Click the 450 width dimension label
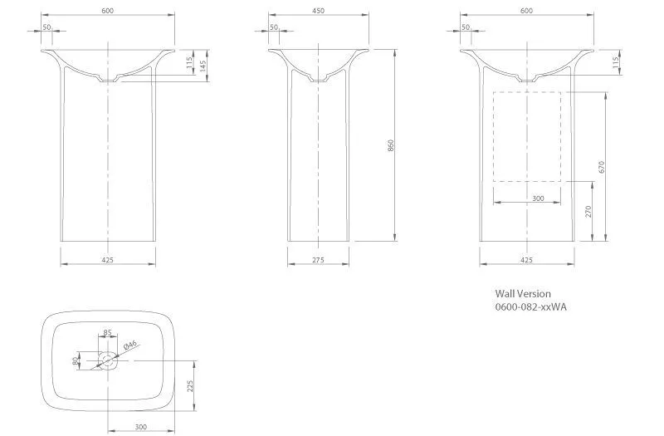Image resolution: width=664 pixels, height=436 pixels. click(318, 11)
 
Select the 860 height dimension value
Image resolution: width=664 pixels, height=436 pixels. click(390, 145)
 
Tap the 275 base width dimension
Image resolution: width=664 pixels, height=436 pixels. click(318, 260)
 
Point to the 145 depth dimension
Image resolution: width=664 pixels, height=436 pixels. click(203, 66)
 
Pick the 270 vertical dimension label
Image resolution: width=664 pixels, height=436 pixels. click(588, 212)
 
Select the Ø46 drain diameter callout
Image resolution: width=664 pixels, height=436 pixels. click(130, 345)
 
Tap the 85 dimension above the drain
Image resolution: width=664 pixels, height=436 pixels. click(108, 333)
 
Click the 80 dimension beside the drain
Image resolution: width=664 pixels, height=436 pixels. click(76, 361)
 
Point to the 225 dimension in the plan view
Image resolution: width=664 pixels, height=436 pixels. click(190, 386)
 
